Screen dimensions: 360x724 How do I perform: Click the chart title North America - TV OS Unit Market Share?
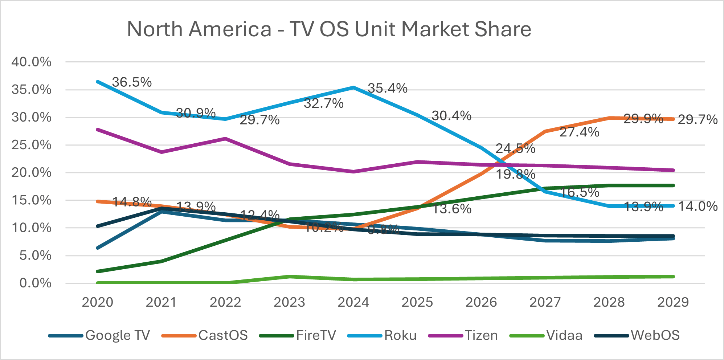click(x=329, y=29)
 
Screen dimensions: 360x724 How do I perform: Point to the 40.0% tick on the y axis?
click(x=32, y=62)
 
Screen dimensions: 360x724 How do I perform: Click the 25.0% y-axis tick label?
click(x=32, y=145)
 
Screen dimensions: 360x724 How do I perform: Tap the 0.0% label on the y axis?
click(x=35, y=283)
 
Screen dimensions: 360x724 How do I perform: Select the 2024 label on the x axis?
click(x=353, y=302)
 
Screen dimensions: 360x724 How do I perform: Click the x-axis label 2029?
click(x=673, y=302)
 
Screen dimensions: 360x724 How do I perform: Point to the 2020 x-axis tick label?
click(x=98, y=302)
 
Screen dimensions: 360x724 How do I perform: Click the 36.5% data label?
click(x=131, y=82)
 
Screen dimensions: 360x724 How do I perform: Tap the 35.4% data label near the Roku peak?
click(x=387, y=88)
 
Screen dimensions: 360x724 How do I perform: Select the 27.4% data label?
click(x=579, y=132)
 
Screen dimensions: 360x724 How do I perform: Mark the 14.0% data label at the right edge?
click(x=698, y=206)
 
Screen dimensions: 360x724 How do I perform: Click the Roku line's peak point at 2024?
click(x=353, y=87)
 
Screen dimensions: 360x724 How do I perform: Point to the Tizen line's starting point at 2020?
click(x=98, y=130)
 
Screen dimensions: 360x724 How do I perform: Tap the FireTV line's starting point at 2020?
click(x=98, y=271)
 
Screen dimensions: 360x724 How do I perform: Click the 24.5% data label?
click(x=515, y=148)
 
